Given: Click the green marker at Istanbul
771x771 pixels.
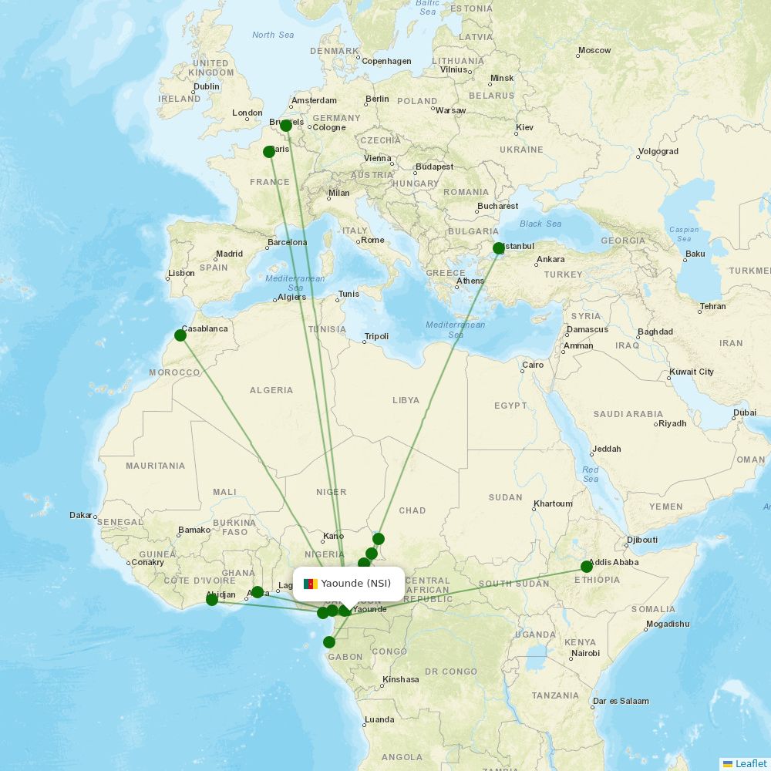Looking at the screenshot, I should point(499,248).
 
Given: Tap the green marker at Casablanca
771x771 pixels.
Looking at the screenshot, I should point(180,335).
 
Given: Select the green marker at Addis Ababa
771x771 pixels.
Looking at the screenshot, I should point(587,567).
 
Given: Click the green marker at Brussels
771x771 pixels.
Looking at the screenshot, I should point(286,126).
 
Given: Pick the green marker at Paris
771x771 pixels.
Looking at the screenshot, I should point(269,152).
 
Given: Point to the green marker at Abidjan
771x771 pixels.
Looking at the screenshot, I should point(212,600).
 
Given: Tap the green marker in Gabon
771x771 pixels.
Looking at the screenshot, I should point(329,642).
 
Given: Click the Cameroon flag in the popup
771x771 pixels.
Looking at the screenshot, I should point(311,584).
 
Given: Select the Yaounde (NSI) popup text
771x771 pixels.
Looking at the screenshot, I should point(356,584).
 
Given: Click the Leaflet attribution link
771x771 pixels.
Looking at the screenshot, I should point(750,763).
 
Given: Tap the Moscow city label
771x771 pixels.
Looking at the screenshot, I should point(594,51).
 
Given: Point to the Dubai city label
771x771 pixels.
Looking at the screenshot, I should point(745,412).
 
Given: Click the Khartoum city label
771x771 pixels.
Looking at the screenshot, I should point(553,504).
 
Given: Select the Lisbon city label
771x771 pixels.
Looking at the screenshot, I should point(181,274).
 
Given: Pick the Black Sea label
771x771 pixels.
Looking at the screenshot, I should point(540,224).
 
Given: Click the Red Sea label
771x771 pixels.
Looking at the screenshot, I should point(591,474).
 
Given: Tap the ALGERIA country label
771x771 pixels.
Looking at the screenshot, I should point(271,390).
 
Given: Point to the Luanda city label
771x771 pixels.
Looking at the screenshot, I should point(379,720).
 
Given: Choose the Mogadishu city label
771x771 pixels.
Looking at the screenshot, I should point(668,625).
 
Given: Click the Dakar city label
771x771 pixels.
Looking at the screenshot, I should point(81,515).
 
